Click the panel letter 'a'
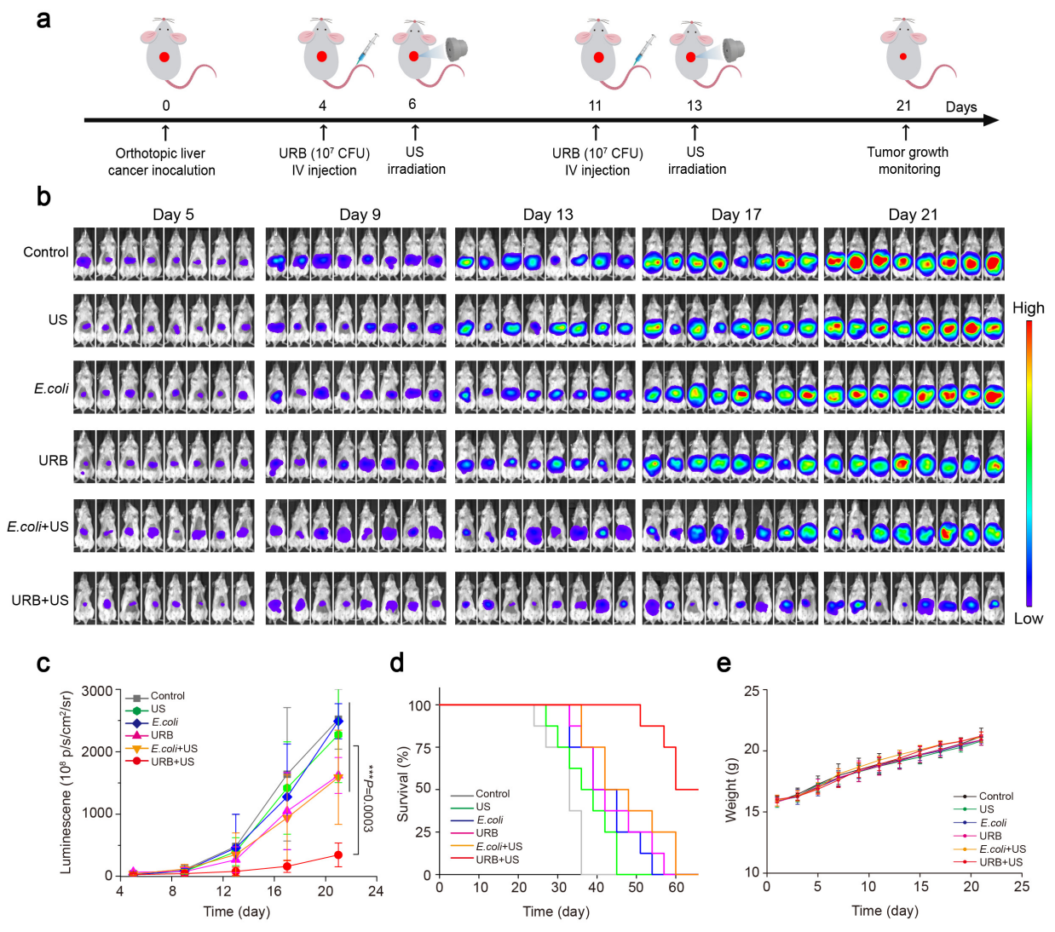coord(43,19)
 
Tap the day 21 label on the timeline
coord(903,106)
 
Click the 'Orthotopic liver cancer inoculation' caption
coord(161,162)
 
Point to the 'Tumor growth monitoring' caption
coord(908,160)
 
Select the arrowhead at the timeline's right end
coord(990,120)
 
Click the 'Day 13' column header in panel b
coord(548,215)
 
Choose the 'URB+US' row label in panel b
coord(40,601)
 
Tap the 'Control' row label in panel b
coord(46,252)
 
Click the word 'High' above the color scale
coord(1028,308)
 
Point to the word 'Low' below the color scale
coord(1028,618)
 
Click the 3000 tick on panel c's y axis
coord(97,691)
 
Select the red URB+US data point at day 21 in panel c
coord(338,854)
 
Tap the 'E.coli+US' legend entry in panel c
coord(174,749)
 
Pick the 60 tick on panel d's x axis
coord(676,888)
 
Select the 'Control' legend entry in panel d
coord(493,794)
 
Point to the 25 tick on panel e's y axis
coord(751,691)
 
